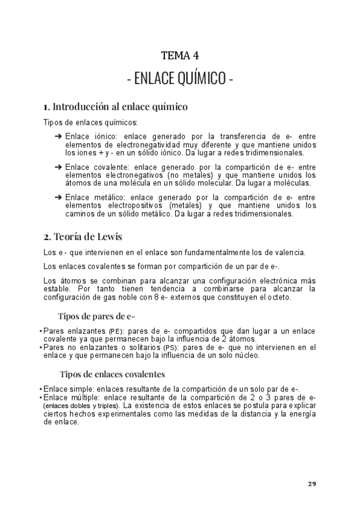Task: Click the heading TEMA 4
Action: click(x=180, y=56)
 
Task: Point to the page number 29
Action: click(x=311, y=484)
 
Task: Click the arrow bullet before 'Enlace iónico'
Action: click(x=58, y=137)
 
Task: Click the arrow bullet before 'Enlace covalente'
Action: click(x=58, y=166)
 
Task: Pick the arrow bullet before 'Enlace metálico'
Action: click(x=58, y=196)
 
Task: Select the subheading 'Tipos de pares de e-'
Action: click(x=96, y=316)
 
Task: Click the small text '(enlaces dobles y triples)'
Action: click(x=81, y=406)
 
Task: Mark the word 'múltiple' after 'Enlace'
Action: click(x=85, y=397)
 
